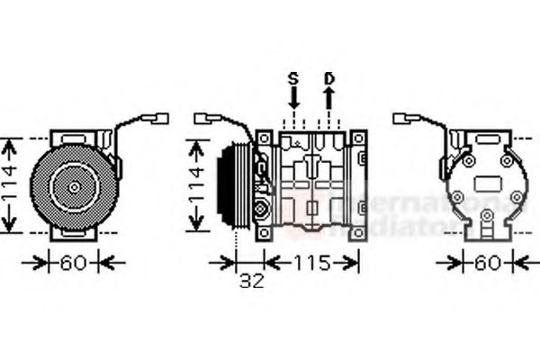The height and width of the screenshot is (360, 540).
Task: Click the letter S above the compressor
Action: pos(292,79)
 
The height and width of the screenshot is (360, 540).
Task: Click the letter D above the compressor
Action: pos(329,79)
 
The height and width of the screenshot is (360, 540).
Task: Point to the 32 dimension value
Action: pos(253,281)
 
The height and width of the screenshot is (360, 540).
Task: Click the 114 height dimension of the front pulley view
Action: pos(9,185)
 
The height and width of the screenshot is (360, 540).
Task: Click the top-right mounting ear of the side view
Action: pos(358,139)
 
